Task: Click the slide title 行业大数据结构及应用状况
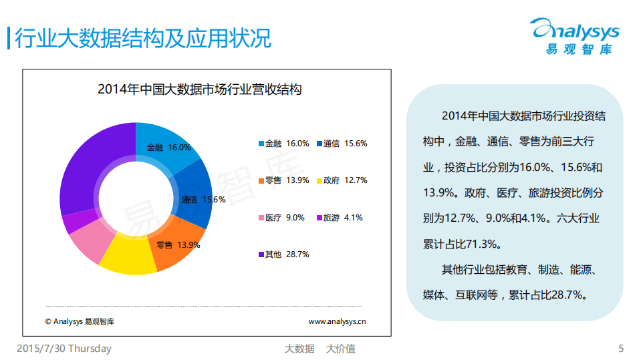(142, 38)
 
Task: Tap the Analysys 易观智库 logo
(575, 36)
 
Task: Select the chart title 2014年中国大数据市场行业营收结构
(199, 89)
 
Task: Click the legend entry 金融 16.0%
(283, 144)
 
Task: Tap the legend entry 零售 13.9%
(283, 180)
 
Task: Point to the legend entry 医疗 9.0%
(281, 218)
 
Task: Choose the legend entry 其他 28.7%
(283, 254)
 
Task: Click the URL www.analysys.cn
(337, 321)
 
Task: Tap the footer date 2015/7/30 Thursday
(63, 349)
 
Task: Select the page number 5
(621, 349)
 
